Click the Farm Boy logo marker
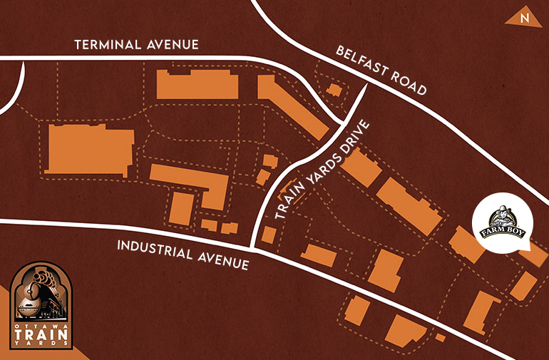pos(507,223)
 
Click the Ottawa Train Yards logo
pos(43,303)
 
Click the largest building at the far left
pos(88,149)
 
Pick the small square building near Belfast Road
pos(334,90)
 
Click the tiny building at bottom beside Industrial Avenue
pos(441,337)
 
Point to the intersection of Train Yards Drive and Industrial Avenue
pos(254,249)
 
